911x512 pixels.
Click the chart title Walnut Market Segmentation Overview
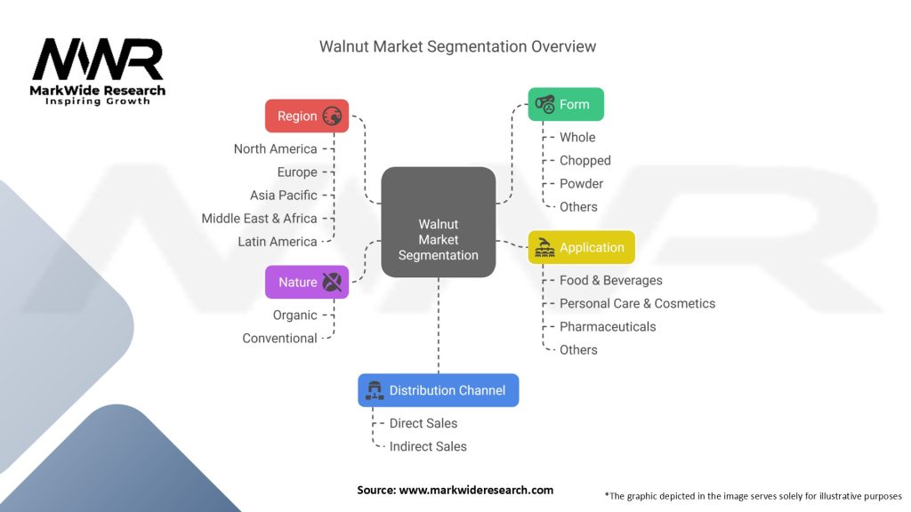pos(457,46)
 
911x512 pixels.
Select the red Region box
pos(307,116)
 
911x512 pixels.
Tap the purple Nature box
pos(307,282)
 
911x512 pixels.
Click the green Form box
pos(566,104)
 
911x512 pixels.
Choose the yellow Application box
pos(582,247)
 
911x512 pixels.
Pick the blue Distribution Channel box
pos(438,390)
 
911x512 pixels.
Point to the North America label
pos(275,148)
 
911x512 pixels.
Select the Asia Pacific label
pos(283,195)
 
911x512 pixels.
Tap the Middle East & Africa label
pos(259,218)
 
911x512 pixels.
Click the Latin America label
pos(277,241)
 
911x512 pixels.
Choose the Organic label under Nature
pos(294,315)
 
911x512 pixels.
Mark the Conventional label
pos(279,338)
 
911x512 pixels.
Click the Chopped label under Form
pos(584,160)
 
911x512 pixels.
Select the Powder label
pos(581,183)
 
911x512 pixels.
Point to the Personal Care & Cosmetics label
pos(637,303)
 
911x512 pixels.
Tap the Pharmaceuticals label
pos(607,326)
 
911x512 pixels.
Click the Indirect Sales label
pos(428,446)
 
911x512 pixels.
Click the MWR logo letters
pos(98,60)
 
